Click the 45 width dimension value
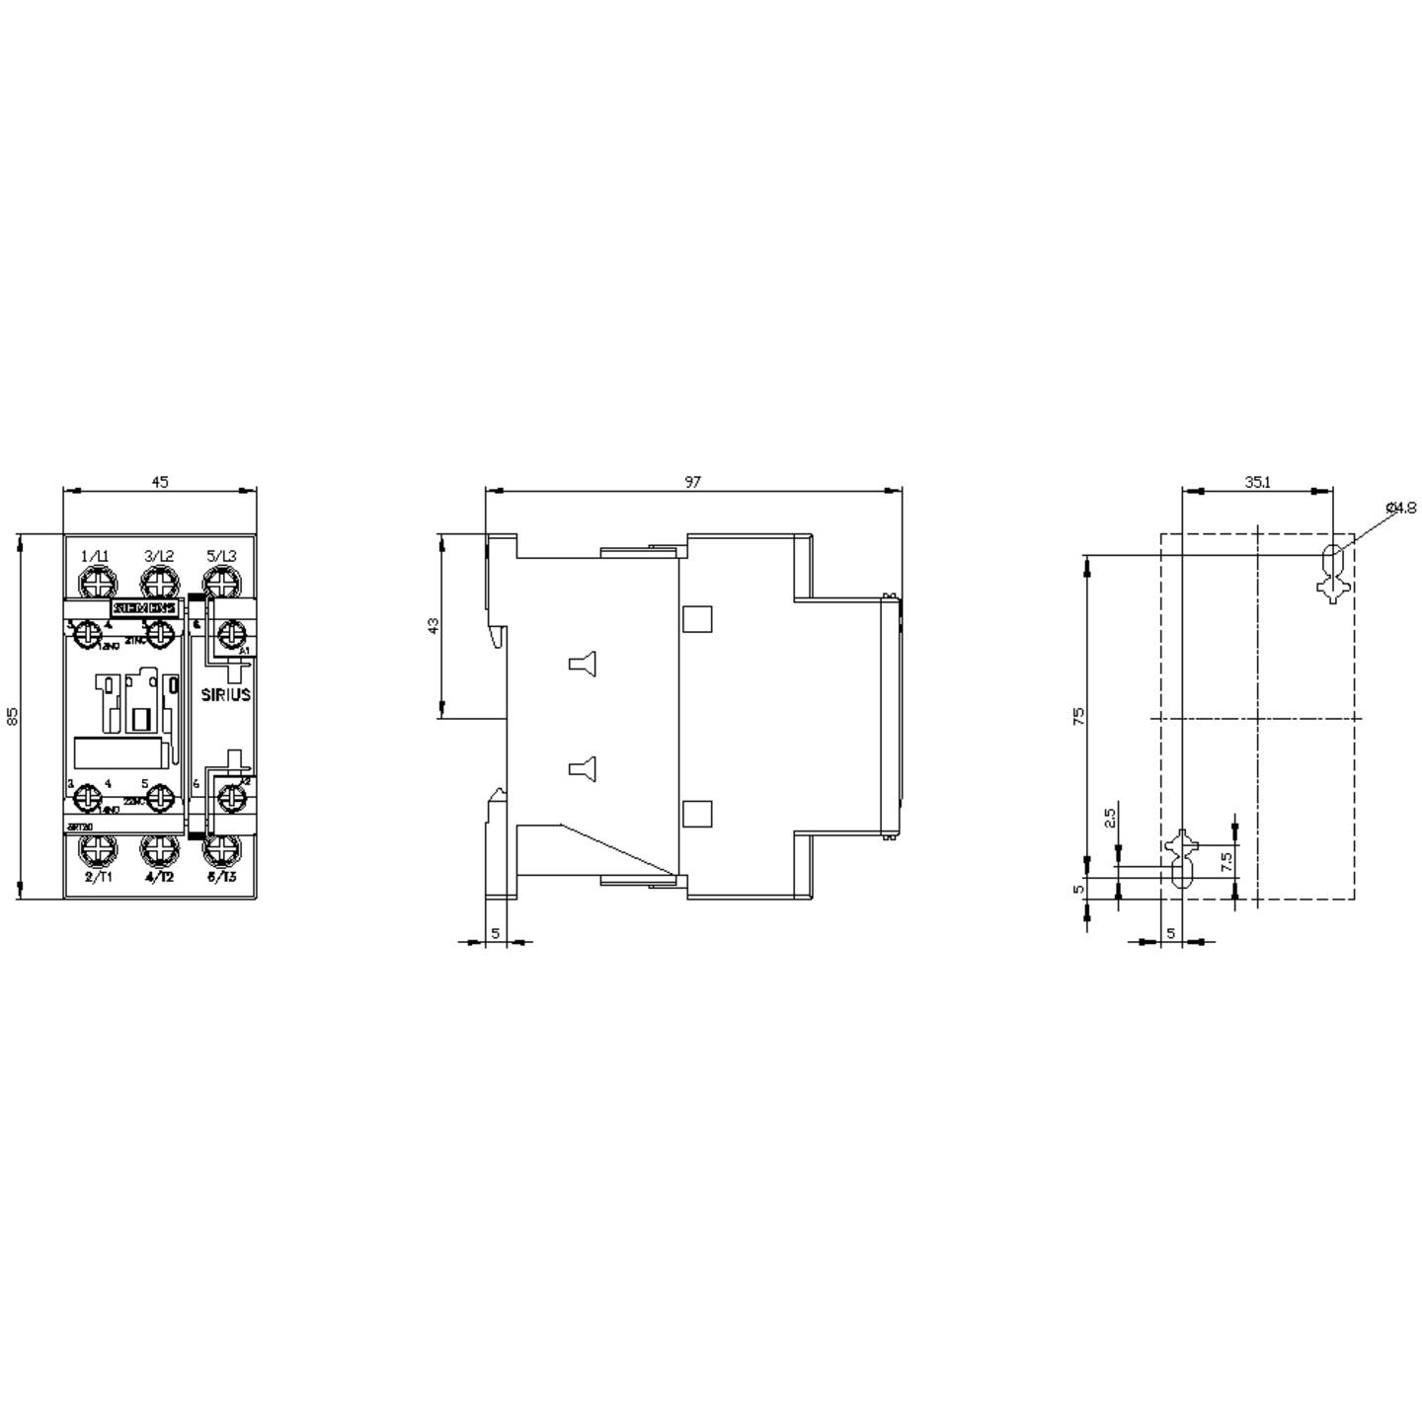click(159, 482)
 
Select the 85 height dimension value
click(13, 716)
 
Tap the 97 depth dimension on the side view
click(692, 482)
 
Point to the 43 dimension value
click(434, 626)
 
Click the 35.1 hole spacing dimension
click(1257, 482)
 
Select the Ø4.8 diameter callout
click(1400, 508)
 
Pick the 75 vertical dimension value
click(1078, 716)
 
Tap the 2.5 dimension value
click(1109, 818)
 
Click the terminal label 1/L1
click(96, 556)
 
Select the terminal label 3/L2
click(159, 556)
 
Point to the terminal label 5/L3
click(221, 556)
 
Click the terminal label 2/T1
click(99, 877)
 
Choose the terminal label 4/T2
click(159, 877)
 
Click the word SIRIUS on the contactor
click(226, 694)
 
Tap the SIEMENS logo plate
click(145, 608)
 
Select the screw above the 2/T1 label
click(98, 848)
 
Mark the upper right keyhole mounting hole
click(1332, 572)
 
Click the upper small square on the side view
click(697, 618)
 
